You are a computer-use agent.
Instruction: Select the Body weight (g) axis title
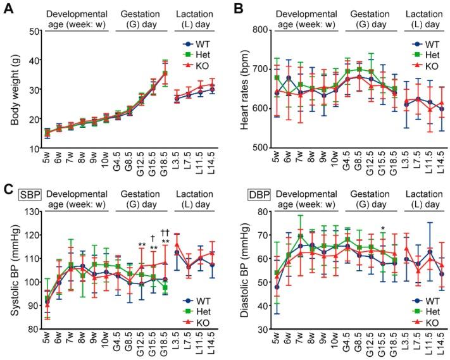9,89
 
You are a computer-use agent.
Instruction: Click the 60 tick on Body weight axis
32,30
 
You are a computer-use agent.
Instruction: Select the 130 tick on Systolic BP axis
30,211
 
